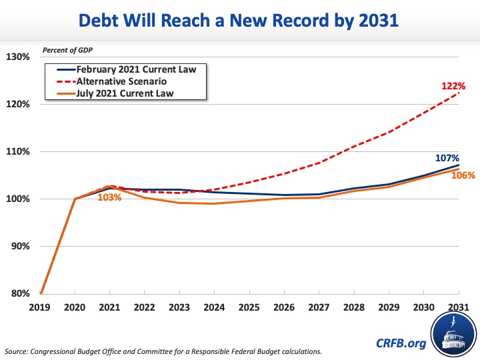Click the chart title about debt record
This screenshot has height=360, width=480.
(x=240, y=21)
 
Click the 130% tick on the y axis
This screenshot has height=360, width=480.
(x=17, y=57)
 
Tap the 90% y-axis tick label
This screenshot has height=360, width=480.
(x=19, y=247)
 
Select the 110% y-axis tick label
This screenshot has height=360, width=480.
(x=17, y=151)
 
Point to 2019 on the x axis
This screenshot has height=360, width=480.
(x=41, y=307)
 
